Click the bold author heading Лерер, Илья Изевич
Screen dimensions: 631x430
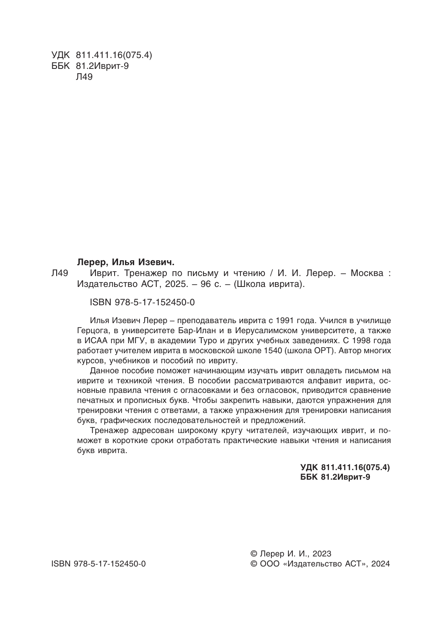coord(125,262)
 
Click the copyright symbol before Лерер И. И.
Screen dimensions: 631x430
coord(254,554)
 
